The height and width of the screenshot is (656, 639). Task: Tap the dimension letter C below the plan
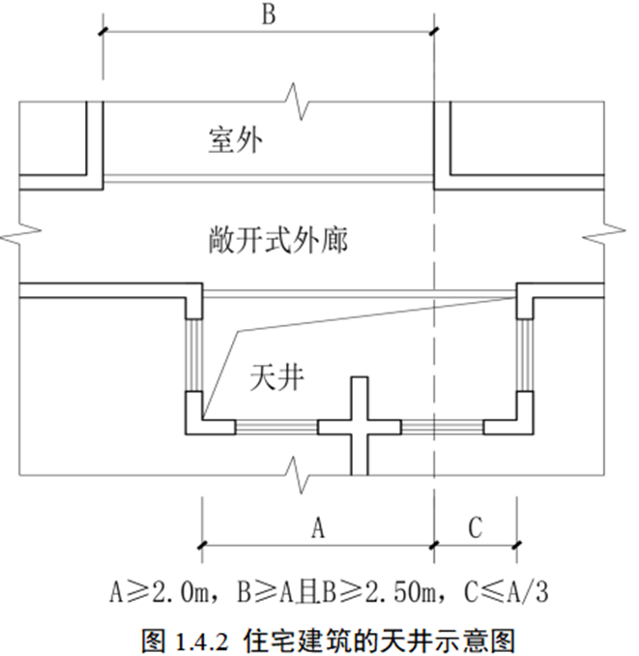tap(474, 527)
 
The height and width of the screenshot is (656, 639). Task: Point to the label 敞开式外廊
tap(277, 238)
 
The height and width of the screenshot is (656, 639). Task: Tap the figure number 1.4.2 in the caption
tap(204, 639)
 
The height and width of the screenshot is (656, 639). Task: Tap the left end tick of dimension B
tap(102, 33)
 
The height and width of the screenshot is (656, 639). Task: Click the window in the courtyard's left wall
tap(194, 353)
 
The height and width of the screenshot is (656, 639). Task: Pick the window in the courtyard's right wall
tap(525, 353)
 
